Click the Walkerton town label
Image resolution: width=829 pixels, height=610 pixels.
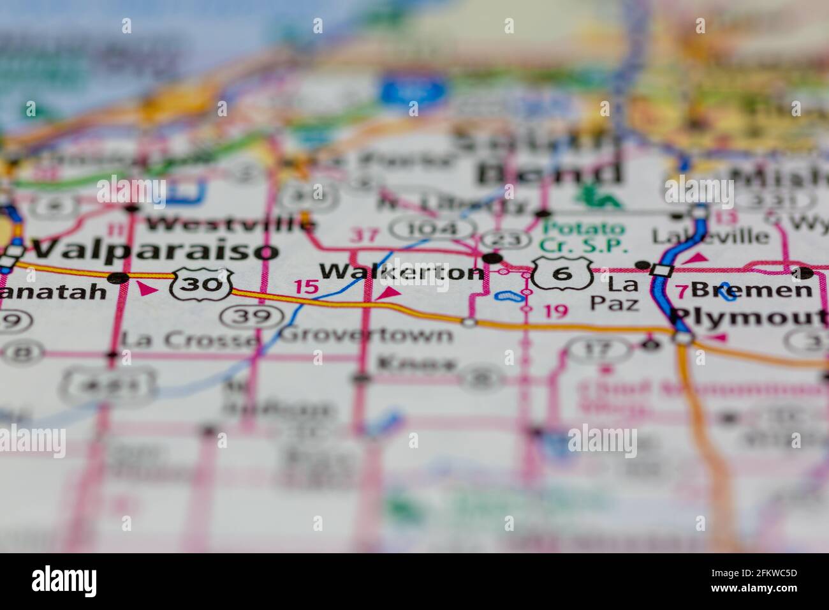click(x=401, y=272)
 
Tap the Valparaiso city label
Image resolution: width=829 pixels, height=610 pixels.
click(x=156, y=249)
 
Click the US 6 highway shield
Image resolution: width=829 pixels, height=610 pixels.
click(x=562, y=273)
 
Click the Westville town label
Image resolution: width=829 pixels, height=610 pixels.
click(x=230, y=223)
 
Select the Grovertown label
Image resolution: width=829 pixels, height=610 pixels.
click(x=367, y=334)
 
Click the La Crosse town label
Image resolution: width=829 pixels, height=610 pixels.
click(x=187, y=339)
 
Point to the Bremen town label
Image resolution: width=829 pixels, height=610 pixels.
click(x=752, y=290)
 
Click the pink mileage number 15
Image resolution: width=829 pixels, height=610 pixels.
click(x=306, y=286)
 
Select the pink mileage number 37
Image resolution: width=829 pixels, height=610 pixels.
click(x=365, y=235)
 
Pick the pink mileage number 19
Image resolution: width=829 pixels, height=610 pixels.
click(x=555, y=311)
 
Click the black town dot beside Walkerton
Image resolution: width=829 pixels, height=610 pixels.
click(x=492, y=258)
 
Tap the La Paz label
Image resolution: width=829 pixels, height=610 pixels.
click(x=613, y=292)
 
